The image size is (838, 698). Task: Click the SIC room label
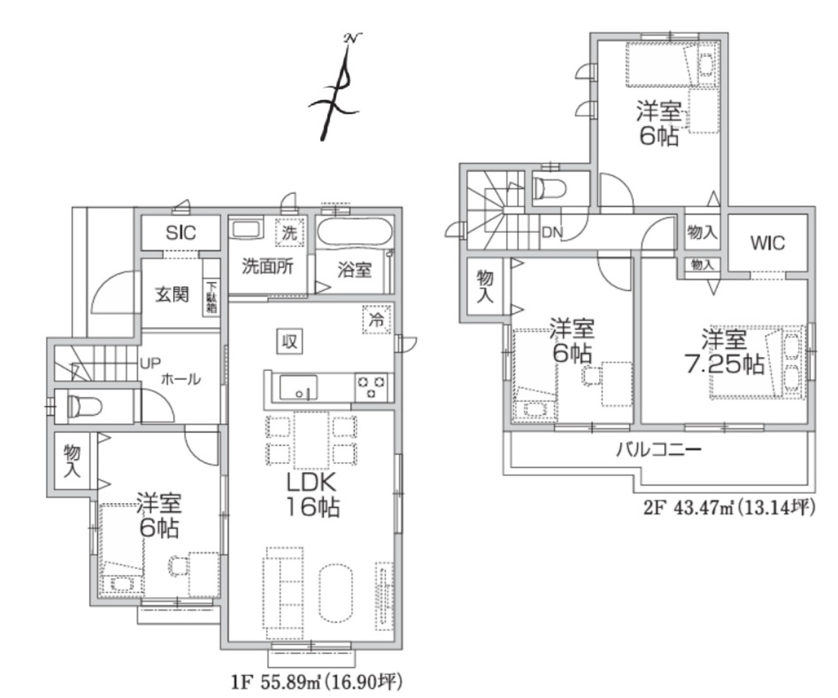coord(181,233)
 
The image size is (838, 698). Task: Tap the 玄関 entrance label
coord(172,295)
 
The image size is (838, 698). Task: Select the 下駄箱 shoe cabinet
coord(211,297)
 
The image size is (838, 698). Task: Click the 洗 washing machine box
coord(289,233)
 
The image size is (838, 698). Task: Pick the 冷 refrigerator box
coord(376,320)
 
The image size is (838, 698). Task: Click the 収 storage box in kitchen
coord(289,342)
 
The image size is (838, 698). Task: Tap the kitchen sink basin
coord(298,388)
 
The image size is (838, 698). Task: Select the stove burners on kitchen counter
coord(371,387)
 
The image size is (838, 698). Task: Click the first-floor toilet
coord(84,406)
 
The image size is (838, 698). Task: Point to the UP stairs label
coord(150,363)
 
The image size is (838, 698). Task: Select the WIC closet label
coord(767,243)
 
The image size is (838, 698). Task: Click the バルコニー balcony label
coord(659,450)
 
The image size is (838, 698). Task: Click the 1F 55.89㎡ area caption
coord(317,682)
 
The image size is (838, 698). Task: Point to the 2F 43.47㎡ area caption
coord(729,509)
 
